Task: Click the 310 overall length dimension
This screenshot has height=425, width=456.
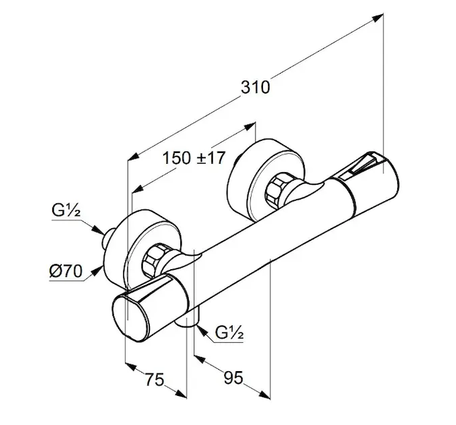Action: tap(255, 87)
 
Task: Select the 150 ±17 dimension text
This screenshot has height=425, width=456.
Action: tap(192, 157)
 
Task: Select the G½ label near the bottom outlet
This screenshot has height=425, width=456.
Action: tap(230, 333)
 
